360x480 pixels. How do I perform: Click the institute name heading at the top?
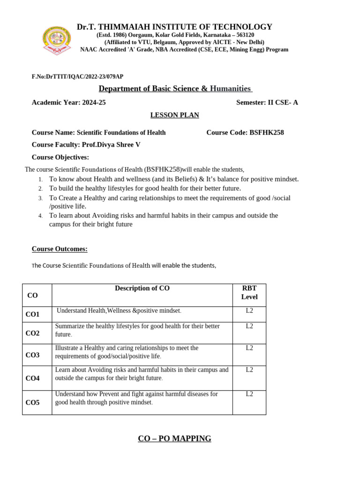point(174,27)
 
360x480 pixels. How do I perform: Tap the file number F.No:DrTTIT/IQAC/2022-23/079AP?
point(77,76)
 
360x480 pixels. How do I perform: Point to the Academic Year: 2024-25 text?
point(68,103)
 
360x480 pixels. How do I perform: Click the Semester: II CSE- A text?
point(267,103)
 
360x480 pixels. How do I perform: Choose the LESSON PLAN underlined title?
point(174,115)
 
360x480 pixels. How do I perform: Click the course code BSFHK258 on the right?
point(266,133)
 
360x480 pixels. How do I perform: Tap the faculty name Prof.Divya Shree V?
point(111,145)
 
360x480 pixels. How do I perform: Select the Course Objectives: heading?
point(60,157)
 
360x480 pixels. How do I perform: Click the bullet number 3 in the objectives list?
point(41,198)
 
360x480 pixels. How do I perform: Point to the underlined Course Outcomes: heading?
point(60,249)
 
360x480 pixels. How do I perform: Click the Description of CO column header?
point(142,289)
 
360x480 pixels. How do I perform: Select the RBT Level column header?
point(249,292)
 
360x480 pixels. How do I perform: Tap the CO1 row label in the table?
point(32,314)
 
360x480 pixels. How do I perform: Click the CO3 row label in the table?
point(32,355)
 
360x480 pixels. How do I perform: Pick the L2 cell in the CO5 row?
point(249,394)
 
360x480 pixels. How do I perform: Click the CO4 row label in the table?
point(32,378)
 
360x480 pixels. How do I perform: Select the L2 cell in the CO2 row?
point(249,326)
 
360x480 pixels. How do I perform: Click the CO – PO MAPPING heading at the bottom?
point(174,439)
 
